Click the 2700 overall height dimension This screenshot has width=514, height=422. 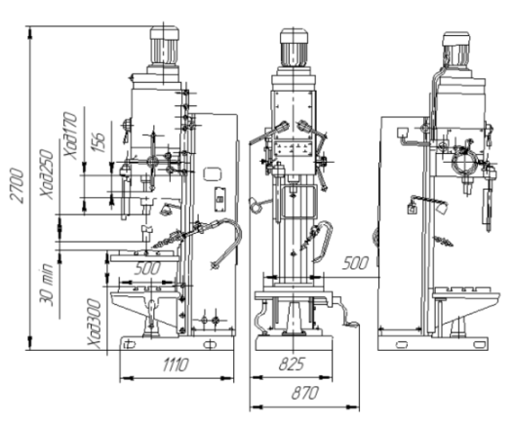(x=17, y=185)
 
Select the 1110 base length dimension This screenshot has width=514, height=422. (x=176, y=364)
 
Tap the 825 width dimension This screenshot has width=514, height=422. (x=292, y=364)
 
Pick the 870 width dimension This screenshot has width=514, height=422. (x=305, y=393)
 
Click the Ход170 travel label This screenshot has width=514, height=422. (x=70, y=135)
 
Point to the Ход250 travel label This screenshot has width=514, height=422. (x=46, y=173)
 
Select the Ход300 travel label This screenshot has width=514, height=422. (x=94, y=323)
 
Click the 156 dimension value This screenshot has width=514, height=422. (x=98, y=141)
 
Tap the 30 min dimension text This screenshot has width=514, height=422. (x=46, y=284)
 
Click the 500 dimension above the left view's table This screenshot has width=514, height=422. (x=147, y=268)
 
